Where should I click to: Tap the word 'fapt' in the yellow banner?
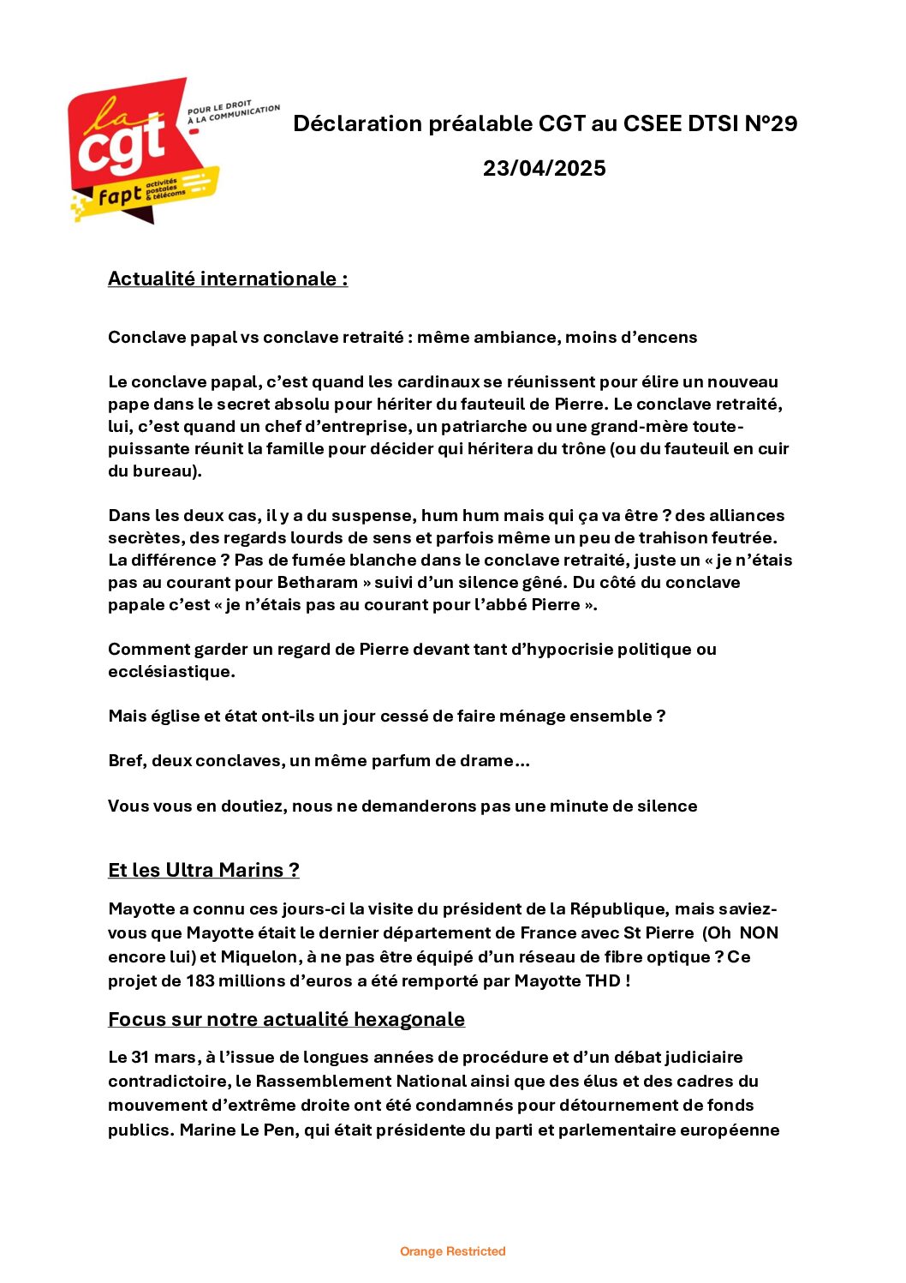pos(120,196)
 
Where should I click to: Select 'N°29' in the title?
pos(771,124)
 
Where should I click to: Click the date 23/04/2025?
pos(544,168)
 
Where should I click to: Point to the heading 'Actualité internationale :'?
pos(228,279)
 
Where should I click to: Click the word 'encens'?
pos(669,338)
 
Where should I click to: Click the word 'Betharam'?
pos(318,583)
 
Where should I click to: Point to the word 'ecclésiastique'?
pos(170,672)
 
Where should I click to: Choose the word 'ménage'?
pos(543,716)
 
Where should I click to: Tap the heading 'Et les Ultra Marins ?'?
pos(204,871)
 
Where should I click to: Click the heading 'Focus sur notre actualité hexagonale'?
pos(286,1020)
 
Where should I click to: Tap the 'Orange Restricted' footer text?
pos(453,1252)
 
